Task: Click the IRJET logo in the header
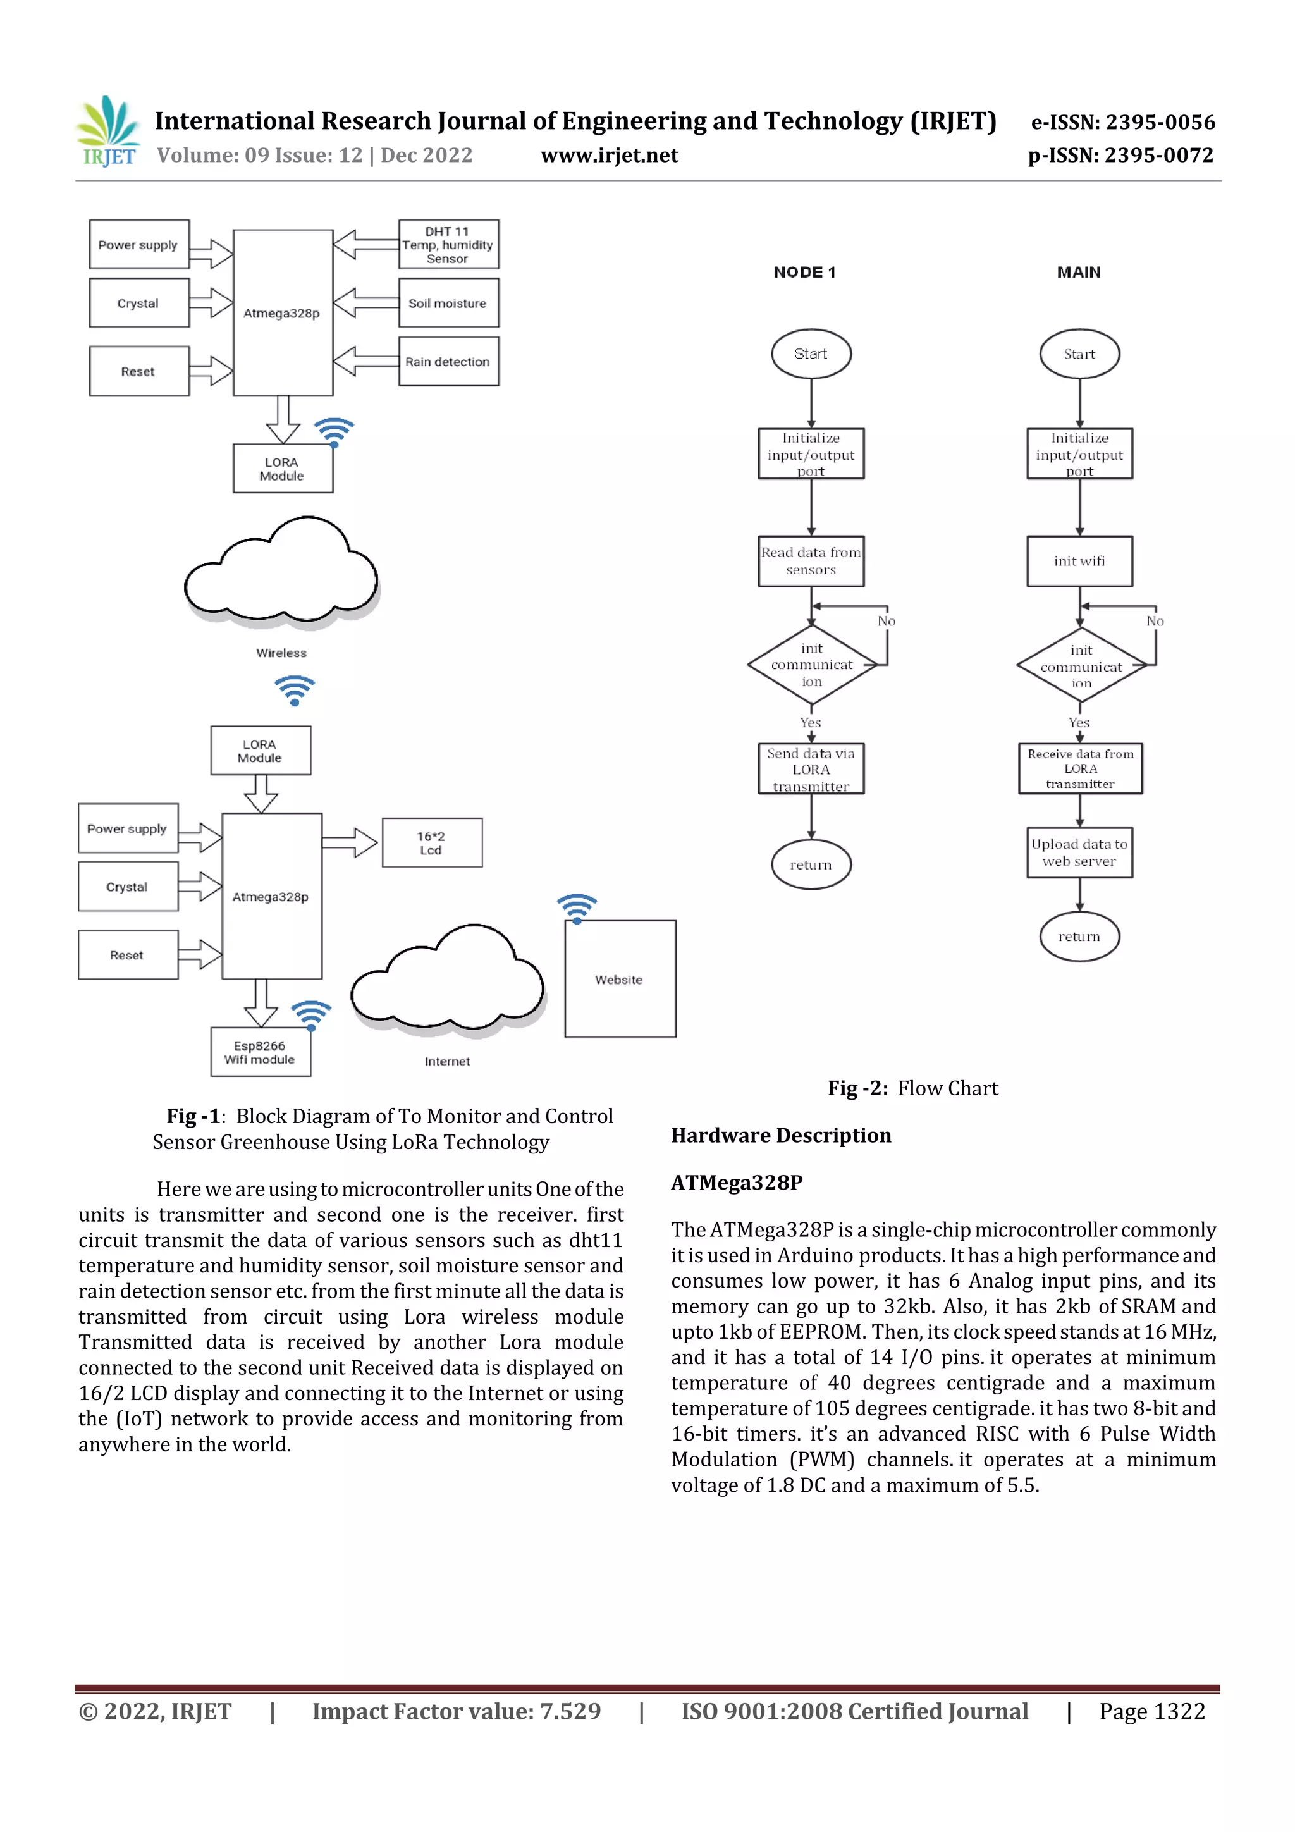[107, 131]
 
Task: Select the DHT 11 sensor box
[448, 245]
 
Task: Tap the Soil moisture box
[448, 303]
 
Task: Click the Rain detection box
[448, 362]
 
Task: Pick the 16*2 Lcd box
[432, 842]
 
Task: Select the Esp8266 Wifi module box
[260, 1052]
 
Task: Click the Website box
[619, 979]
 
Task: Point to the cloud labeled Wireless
[281, 571]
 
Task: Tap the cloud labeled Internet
[448, 981]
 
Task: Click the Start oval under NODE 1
[811, 353]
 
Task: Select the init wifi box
[1079, 561]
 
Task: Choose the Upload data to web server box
[1079, 852]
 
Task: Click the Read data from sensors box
[811, 561]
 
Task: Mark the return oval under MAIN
[1079, 936]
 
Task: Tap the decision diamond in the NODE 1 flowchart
[811, 665]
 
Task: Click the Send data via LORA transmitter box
[811, 769]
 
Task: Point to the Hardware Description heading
[780, 1135]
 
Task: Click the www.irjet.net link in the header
[610, 156]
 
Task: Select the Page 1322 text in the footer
[1151, 1711]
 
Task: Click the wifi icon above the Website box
[577, 908]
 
